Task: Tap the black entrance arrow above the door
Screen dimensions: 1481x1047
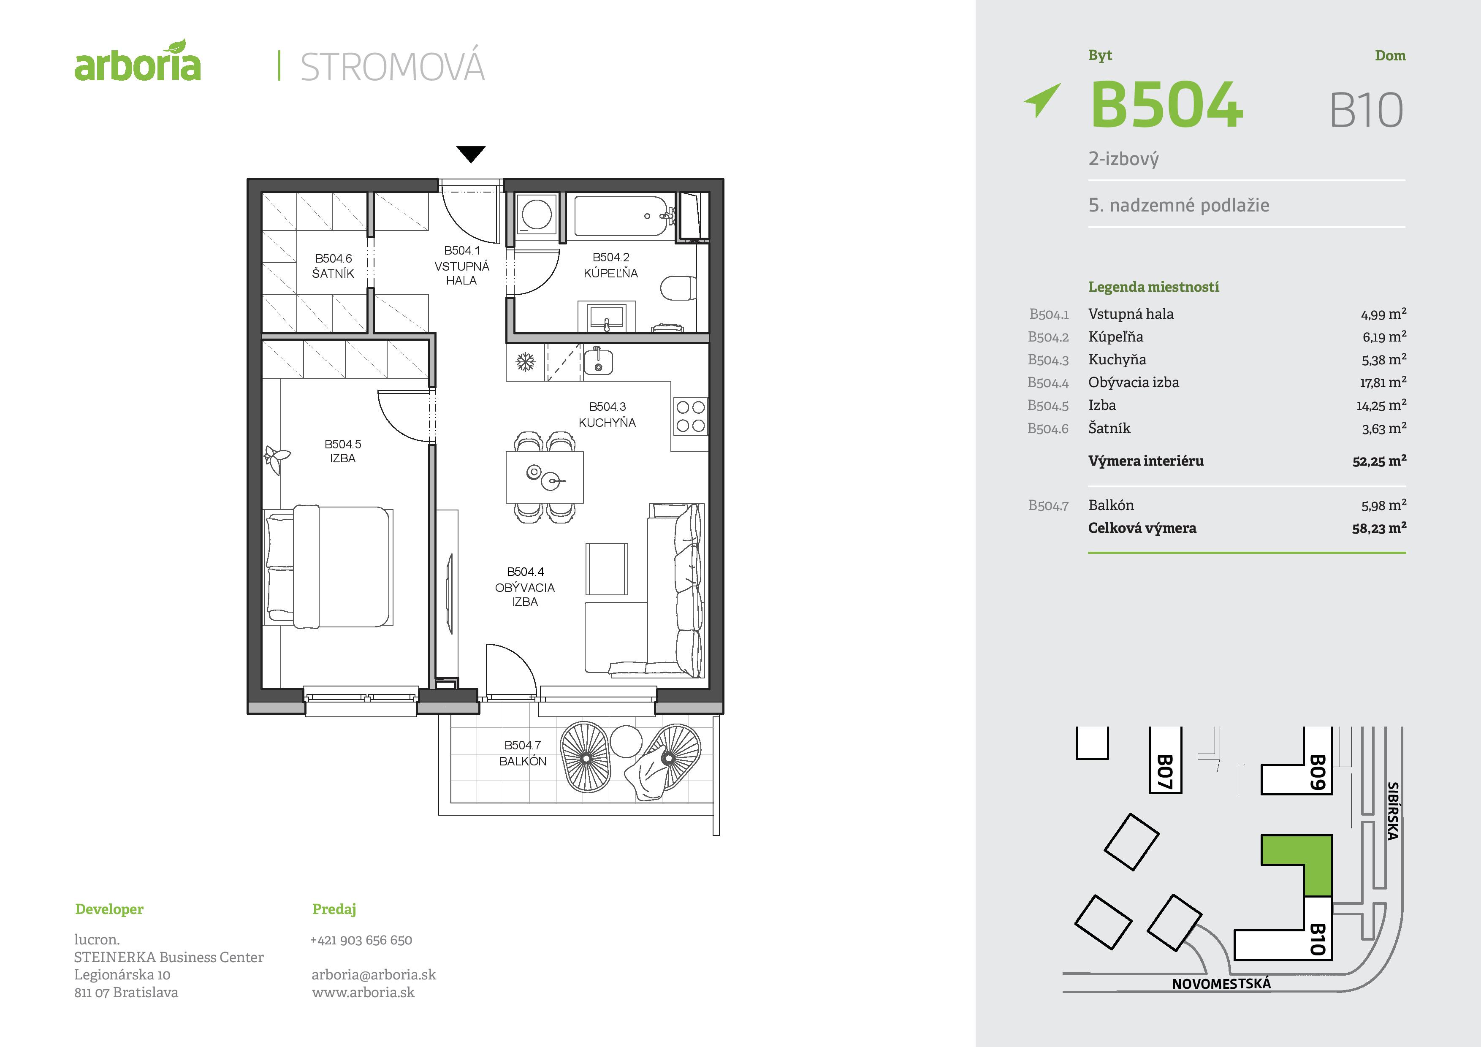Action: [471, 154]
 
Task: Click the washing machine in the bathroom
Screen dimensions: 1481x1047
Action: [537, 214]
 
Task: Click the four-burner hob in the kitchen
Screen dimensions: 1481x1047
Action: [690, 416]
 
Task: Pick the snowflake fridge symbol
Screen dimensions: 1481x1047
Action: [526, 362]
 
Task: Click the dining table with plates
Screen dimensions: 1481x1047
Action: [545, 477]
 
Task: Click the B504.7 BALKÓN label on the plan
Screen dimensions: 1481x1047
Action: [523, 753]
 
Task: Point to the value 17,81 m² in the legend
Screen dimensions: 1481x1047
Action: [1383, 382]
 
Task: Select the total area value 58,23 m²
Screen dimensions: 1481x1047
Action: [1379, 528]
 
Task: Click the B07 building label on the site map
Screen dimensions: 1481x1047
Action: [1164, 772]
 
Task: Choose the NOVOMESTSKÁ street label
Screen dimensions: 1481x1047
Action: [1221, 984]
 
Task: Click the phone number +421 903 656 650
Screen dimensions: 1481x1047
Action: [361, 940]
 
